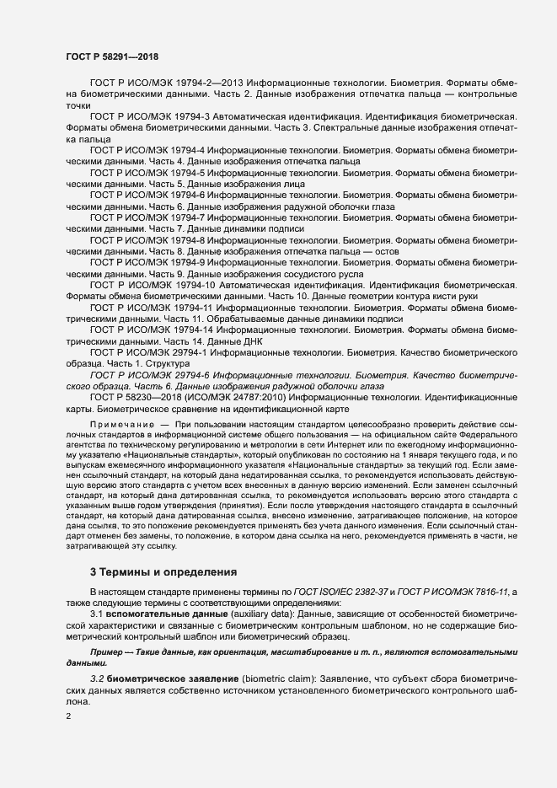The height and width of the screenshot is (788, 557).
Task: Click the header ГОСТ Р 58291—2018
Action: click(x=111, y=55)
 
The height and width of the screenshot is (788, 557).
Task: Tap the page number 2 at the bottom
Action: click(x=69, y=716)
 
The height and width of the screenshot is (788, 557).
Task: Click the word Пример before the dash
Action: click(x=109, y=653)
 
